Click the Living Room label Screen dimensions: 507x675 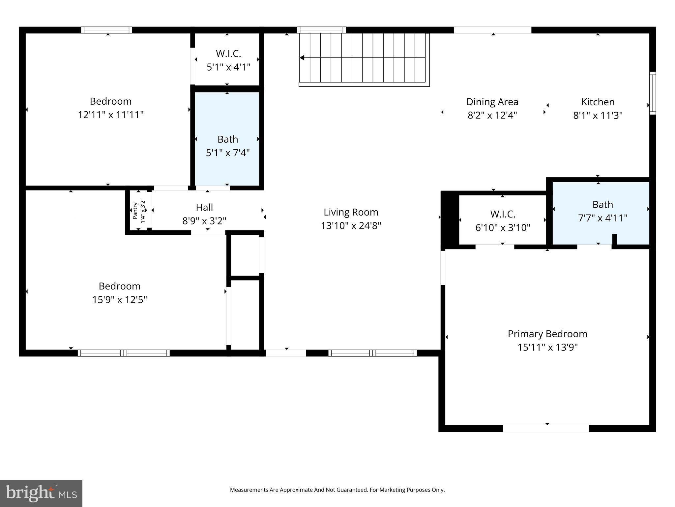(x=351, y=212)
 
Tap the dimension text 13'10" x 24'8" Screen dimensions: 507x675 (x=351, y=226)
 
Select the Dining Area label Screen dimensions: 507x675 (x=492, y=102)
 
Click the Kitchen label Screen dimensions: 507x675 (x=598, y=102)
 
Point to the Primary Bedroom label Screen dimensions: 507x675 (x=547, y=334)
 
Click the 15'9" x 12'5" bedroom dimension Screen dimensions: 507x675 (x=119, y=300)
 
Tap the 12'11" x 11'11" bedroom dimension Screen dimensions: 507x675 (x=110, y=115)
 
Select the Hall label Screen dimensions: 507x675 (x=204, y=207)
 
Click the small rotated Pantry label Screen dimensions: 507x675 (x=135, y=211)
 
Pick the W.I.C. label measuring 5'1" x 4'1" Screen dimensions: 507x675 (x=228, y=53)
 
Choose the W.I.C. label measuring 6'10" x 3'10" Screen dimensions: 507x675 (x=502, y=214)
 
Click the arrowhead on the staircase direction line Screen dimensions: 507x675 (x=302, y=58)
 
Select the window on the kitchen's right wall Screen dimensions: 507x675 (x=652, y=93)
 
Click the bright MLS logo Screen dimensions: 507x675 (x=41, y=493)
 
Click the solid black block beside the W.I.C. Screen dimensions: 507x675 (x=450, y=220)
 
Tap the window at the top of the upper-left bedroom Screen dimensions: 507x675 (x=106, y=30)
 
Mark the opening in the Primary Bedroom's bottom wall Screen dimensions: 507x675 (x=546, y=428)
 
